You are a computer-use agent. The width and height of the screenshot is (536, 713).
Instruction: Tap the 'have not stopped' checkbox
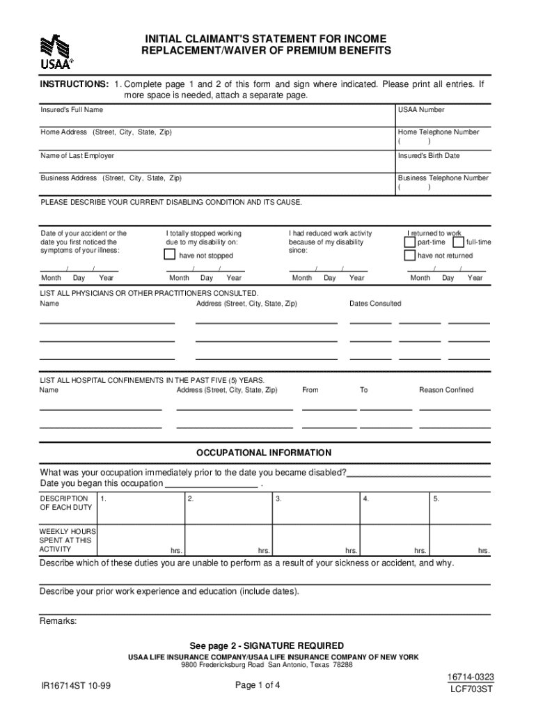(170, 255)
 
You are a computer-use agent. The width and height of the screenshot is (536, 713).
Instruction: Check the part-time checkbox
(410, 242)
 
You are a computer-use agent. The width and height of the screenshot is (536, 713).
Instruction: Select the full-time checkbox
(458, 242)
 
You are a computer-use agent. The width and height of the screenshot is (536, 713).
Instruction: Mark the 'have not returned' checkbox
(410, 256)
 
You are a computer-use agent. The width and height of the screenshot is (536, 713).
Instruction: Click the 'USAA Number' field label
(421, 110)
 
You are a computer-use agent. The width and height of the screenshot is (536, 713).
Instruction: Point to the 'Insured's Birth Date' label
(429, 156)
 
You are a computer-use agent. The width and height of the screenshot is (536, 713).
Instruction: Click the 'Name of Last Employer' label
(77, 156)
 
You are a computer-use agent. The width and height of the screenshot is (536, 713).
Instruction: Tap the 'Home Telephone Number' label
(439, 132)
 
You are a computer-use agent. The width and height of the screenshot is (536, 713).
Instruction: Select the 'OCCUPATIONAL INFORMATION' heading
(264, 453)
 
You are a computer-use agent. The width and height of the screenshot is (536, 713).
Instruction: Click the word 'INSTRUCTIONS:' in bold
(74, 84)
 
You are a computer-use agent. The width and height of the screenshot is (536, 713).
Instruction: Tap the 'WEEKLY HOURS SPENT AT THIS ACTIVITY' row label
(68, 540)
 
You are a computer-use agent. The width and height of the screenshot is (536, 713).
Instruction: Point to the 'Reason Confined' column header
(446, 390)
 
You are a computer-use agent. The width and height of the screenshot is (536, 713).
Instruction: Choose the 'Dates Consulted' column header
(375, 304)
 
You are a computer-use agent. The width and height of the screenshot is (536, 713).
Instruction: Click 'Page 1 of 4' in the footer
(258, 686)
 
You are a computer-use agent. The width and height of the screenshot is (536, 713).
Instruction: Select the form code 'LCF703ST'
(472, 690)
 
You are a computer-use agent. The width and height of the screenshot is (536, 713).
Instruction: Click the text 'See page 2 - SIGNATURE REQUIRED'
(267, 645)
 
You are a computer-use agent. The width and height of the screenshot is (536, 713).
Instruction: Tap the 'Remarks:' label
(58, 621)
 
